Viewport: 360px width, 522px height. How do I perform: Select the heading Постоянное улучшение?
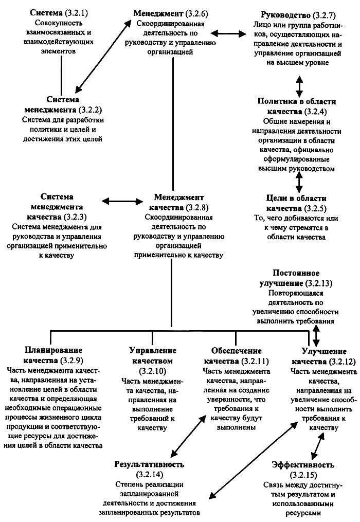coord(297,278)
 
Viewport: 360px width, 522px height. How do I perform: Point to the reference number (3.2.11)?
coord(251,360)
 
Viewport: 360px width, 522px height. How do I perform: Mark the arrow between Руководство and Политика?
coord(299,83)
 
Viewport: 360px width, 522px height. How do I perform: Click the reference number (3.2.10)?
coord(153,370)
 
